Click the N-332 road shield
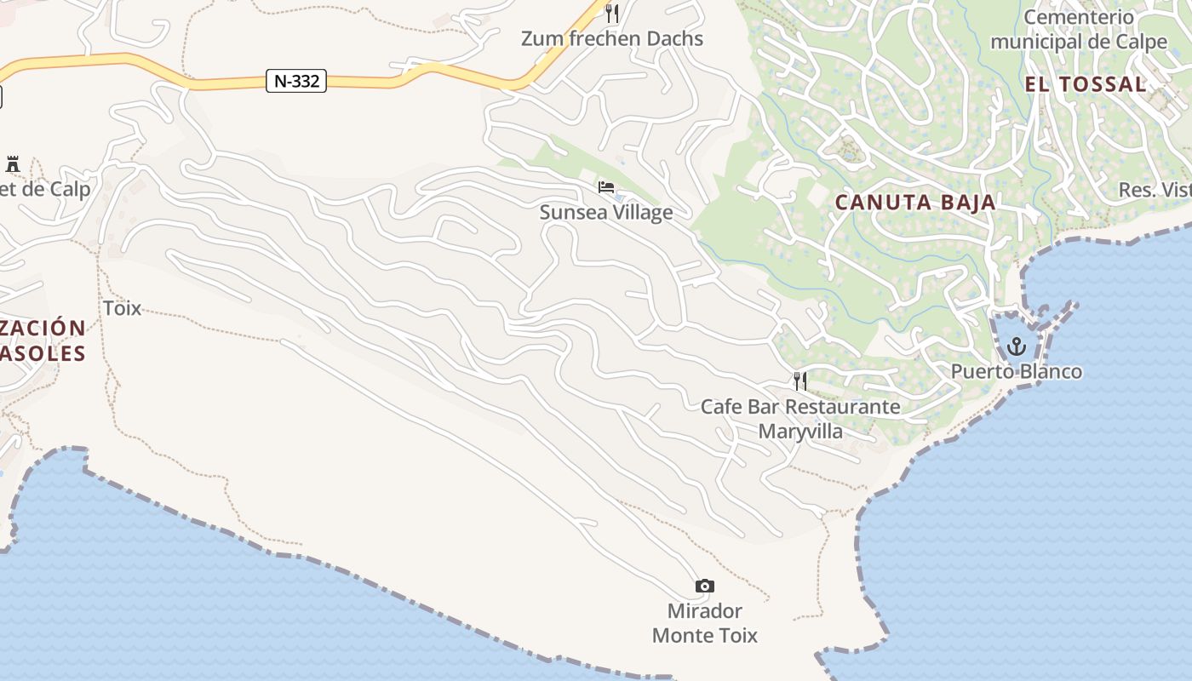tap(296, 82)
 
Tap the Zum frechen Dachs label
tap(612, 38)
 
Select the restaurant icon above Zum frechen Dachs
tap(611, 13)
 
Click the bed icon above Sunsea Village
tap(606, 187)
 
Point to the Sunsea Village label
tap(606, 213)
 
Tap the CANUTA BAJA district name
tap(915, 203)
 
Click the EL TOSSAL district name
tap(1086, 84)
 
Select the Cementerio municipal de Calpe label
tap(1079, 30)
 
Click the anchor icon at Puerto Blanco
tap(1016, 346)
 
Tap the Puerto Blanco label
tap(1017, 372)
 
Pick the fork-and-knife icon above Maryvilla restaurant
tap(799, 381)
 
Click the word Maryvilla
tap(800, 432)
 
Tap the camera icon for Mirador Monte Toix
tap(705, 586)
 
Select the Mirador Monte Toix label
tap(705, 623)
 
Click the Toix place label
tap(122, 308)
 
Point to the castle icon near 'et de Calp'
tap(13, 164)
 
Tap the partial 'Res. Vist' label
tap(1155, 190)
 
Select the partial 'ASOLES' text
tap(43, 353)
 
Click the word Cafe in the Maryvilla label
tap(720, 407)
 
